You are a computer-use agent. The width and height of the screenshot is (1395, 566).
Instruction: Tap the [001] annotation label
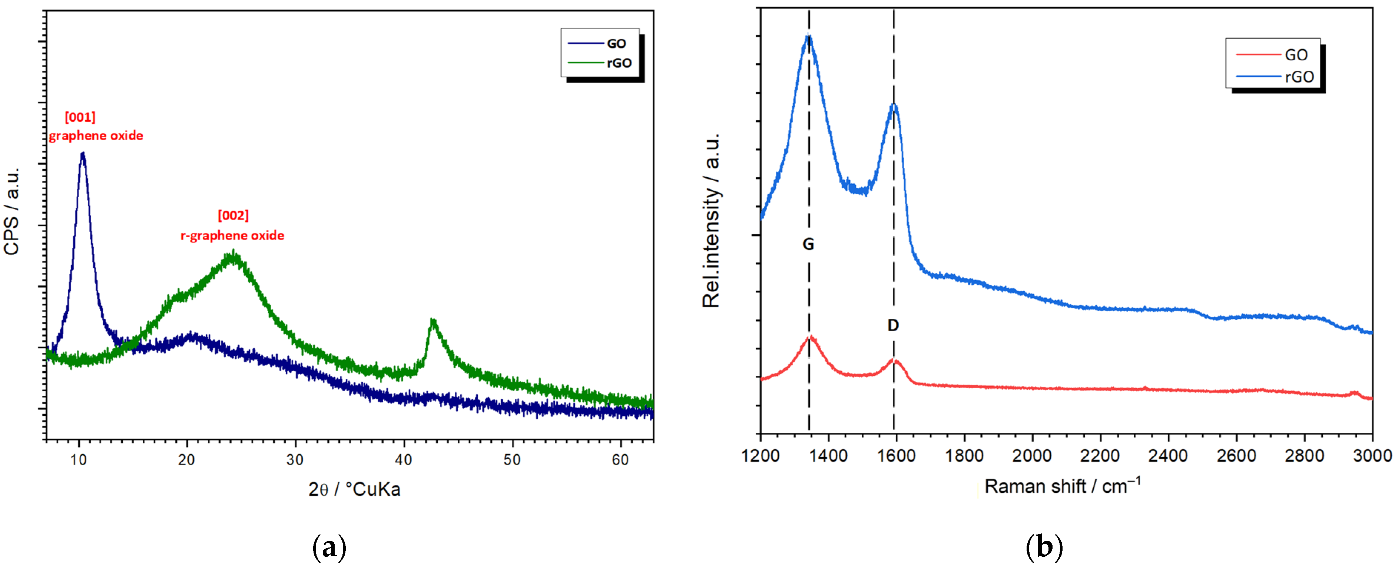tap(80, 117)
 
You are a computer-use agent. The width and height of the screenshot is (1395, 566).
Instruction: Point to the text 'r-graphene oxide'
tap(232, 235)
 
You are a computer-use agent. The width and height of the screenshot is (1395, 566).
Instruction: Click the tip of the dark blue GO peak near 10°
tap(82, 154)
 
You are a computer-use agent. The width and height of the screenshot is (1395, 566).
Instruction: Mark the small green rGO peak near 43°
tap(432, 321)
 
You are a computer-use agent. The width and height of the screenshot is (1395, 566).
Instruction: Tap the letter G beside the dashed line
tap(808, 244)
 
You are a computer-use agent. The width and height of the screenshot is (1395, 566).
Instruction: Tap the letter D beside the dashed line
tap(893, 325)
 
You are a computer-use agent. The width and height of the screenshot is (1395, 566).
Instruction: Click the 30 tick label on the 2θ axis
tap(295, 460)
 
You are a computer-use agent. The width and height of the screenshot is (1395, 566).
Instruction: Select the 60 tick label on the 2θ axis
tap(620, 460)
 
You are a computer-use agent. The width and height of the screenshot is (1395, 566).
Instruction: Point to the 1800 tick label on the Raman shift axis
tap(964, 456)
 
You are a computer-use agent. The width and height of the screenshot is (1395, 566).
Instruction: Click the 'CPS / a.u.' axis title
tap(12, 211)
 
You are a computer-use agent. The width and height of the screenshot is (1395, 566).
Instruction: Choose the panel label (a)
tap(329, 547)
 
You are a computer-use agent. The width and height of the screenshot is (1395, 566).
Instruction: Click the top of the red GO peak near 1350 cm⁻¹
tap(811, 337)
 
